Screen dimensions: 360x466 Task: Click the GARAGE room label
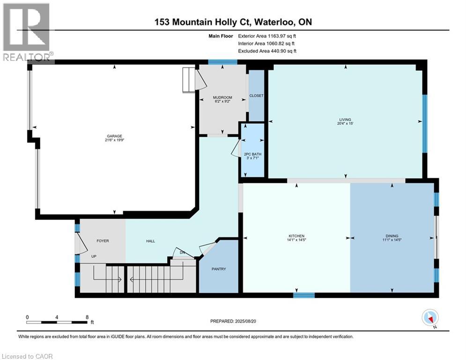tap(114, 136)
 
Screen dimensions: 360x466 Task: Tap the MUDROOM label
tap(222, 97)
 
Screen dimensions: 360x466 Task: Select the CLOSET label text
tap(256, 96)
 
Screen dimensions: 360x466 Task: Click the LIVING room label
tap(346, 120)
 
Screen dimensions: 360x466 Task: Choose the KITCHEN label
tap(296, 236)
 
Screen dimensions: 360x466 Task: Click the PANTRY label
tap(219, 269)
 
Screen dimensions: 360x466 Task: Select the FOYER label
tap(103, 241)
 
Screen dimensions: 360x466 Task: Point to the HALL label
tap(149, 241)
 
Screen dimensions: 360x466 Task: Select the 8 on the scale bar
tap(87, 317)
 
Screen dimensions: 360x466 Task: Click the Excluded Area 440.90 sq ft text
tap(267, 51)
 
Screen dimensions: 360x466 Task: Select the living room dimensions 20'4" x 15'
tap(346, 124)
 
